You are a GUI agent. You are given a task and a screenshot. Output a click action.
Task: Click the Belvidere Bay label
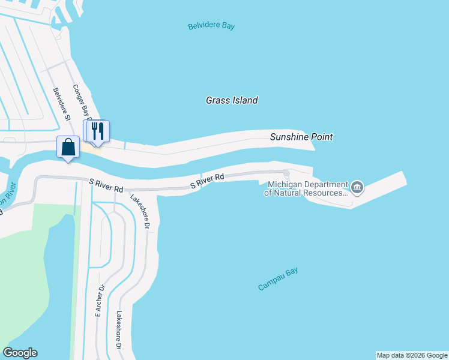(211, 26)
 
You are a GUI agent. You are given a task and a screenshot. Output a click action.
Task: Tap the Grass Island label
(232, 100)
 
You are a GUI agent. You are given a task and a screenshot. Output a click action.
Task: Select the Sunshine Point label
(301, 137)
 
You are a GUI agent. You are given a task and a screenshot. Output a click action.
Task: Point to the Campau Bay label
(278, 280)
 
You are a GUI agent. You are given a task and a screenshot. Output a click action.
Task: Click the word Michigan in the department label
(284, 184)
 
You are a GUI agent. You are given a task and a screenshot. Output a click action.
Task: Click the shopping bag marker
(68, 147)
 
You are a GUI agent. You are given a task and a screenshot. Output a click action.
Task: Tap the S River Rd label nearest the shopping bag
(106, 185)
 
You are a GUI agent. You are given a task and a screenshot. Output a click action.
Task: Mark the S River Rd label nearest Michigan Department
(207, 181)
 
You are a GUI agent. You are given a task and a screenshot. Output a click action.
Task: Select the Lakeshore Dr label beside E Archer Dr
(119, 330)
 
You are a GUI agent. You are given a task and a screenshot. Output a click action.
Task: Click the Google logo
(20, 353)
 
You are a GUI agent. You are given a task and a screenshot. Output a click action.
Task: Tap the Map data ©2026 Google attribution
(412, 355)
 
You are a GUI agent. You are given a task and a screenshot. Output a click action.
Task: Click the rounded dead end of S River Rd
(286, 174)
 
